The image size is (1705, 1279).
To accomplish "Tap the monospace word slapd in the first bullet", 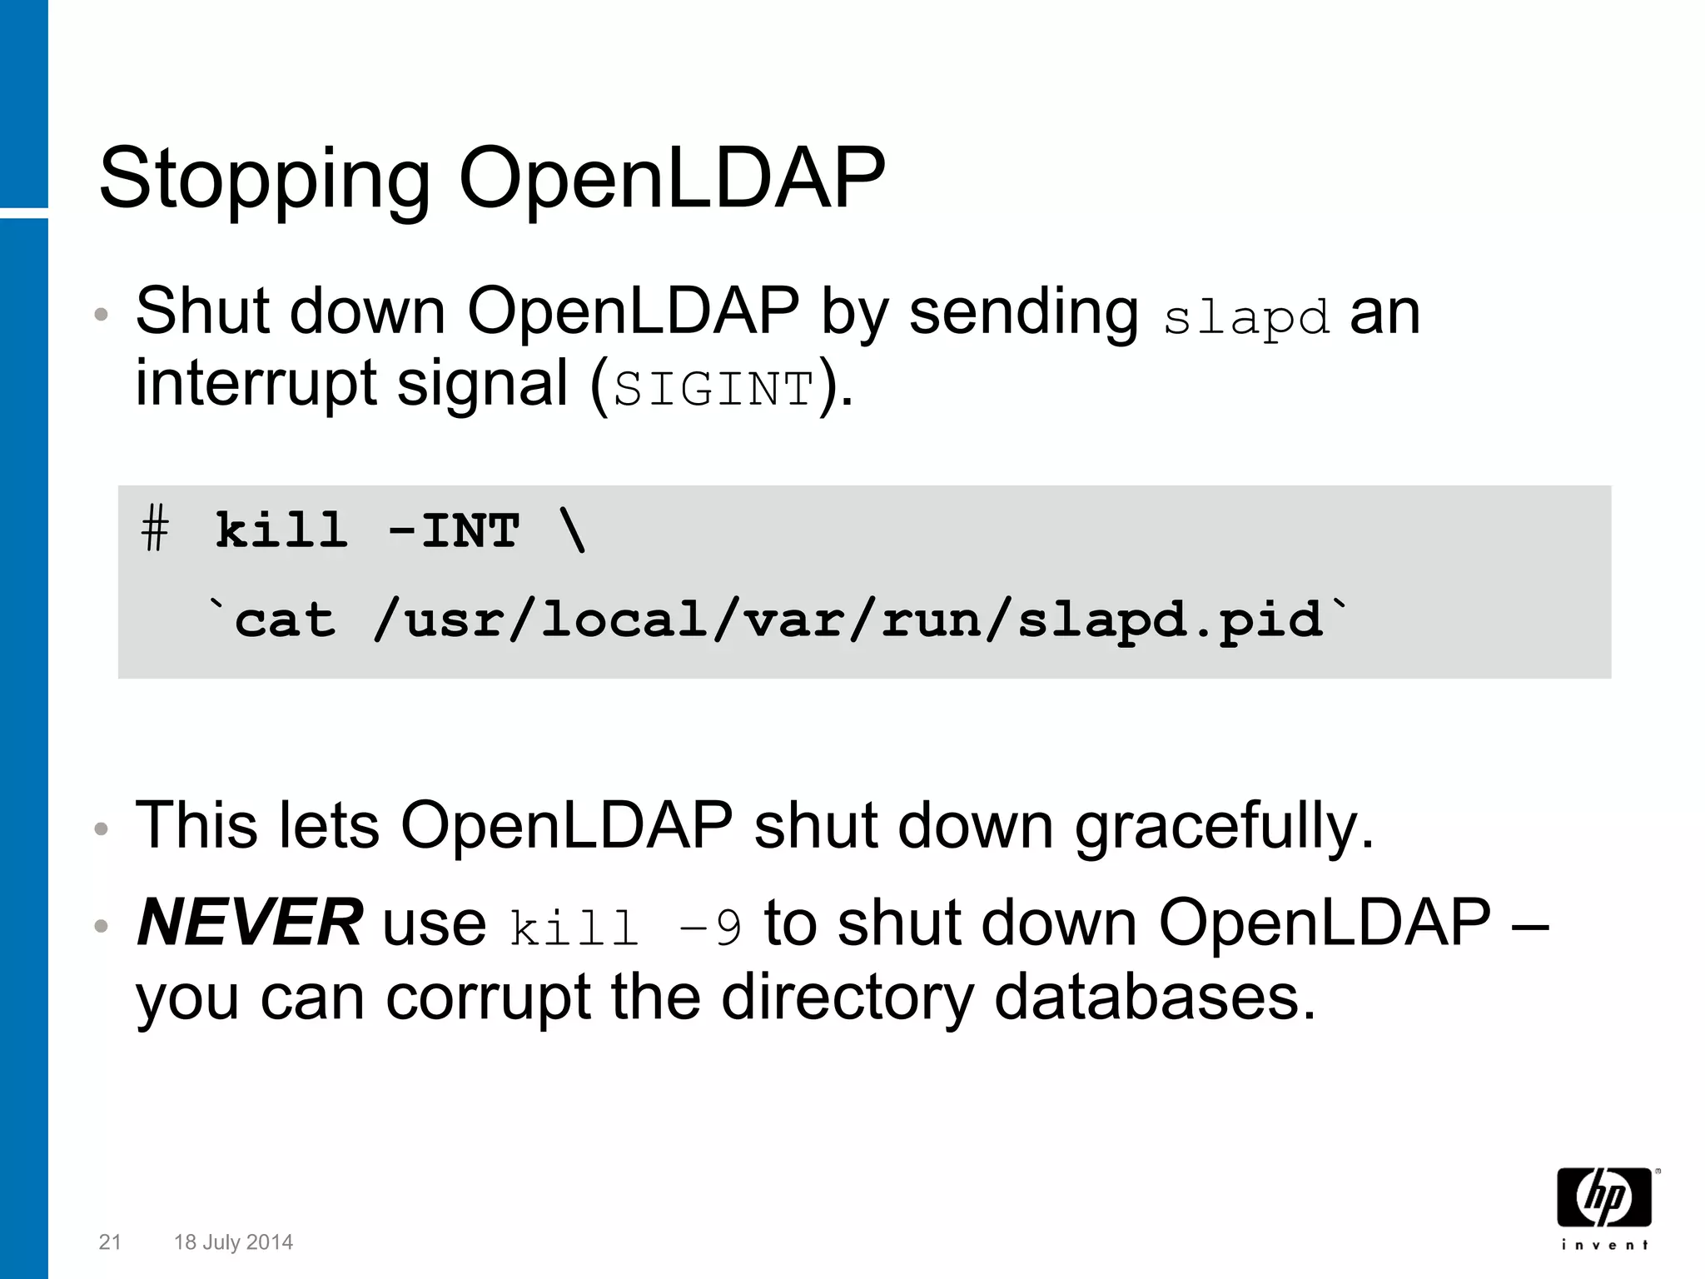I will pos(1245,318).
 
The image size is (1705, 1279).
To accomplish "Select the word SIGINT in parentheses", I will pos(713,389).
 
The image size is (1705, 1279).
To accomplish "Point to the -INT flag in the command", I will pos(454,530).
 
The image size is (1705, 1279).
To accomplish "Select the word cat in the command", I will pos(285,620).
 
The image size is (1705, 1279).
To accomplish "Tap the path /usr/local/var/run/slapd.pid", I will pos(848,620).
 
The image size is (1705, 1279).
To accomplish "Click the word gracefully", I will pos(1224,826).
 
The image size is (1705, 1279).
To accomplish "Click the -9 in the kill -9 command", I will pos(710,928).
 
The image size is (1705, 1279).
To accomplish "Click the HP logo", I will pos(1604,1197).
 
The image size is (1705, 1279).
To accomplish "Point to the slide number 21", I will pos(110,1242).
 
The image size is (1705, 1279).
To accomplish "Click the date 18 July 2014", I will pos(233,1242).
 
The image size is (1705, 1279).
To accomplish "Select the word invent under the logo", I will pos(1604,1245).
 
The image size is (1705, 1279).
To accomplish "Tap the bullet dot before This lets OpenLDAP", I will pos(102,829).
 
